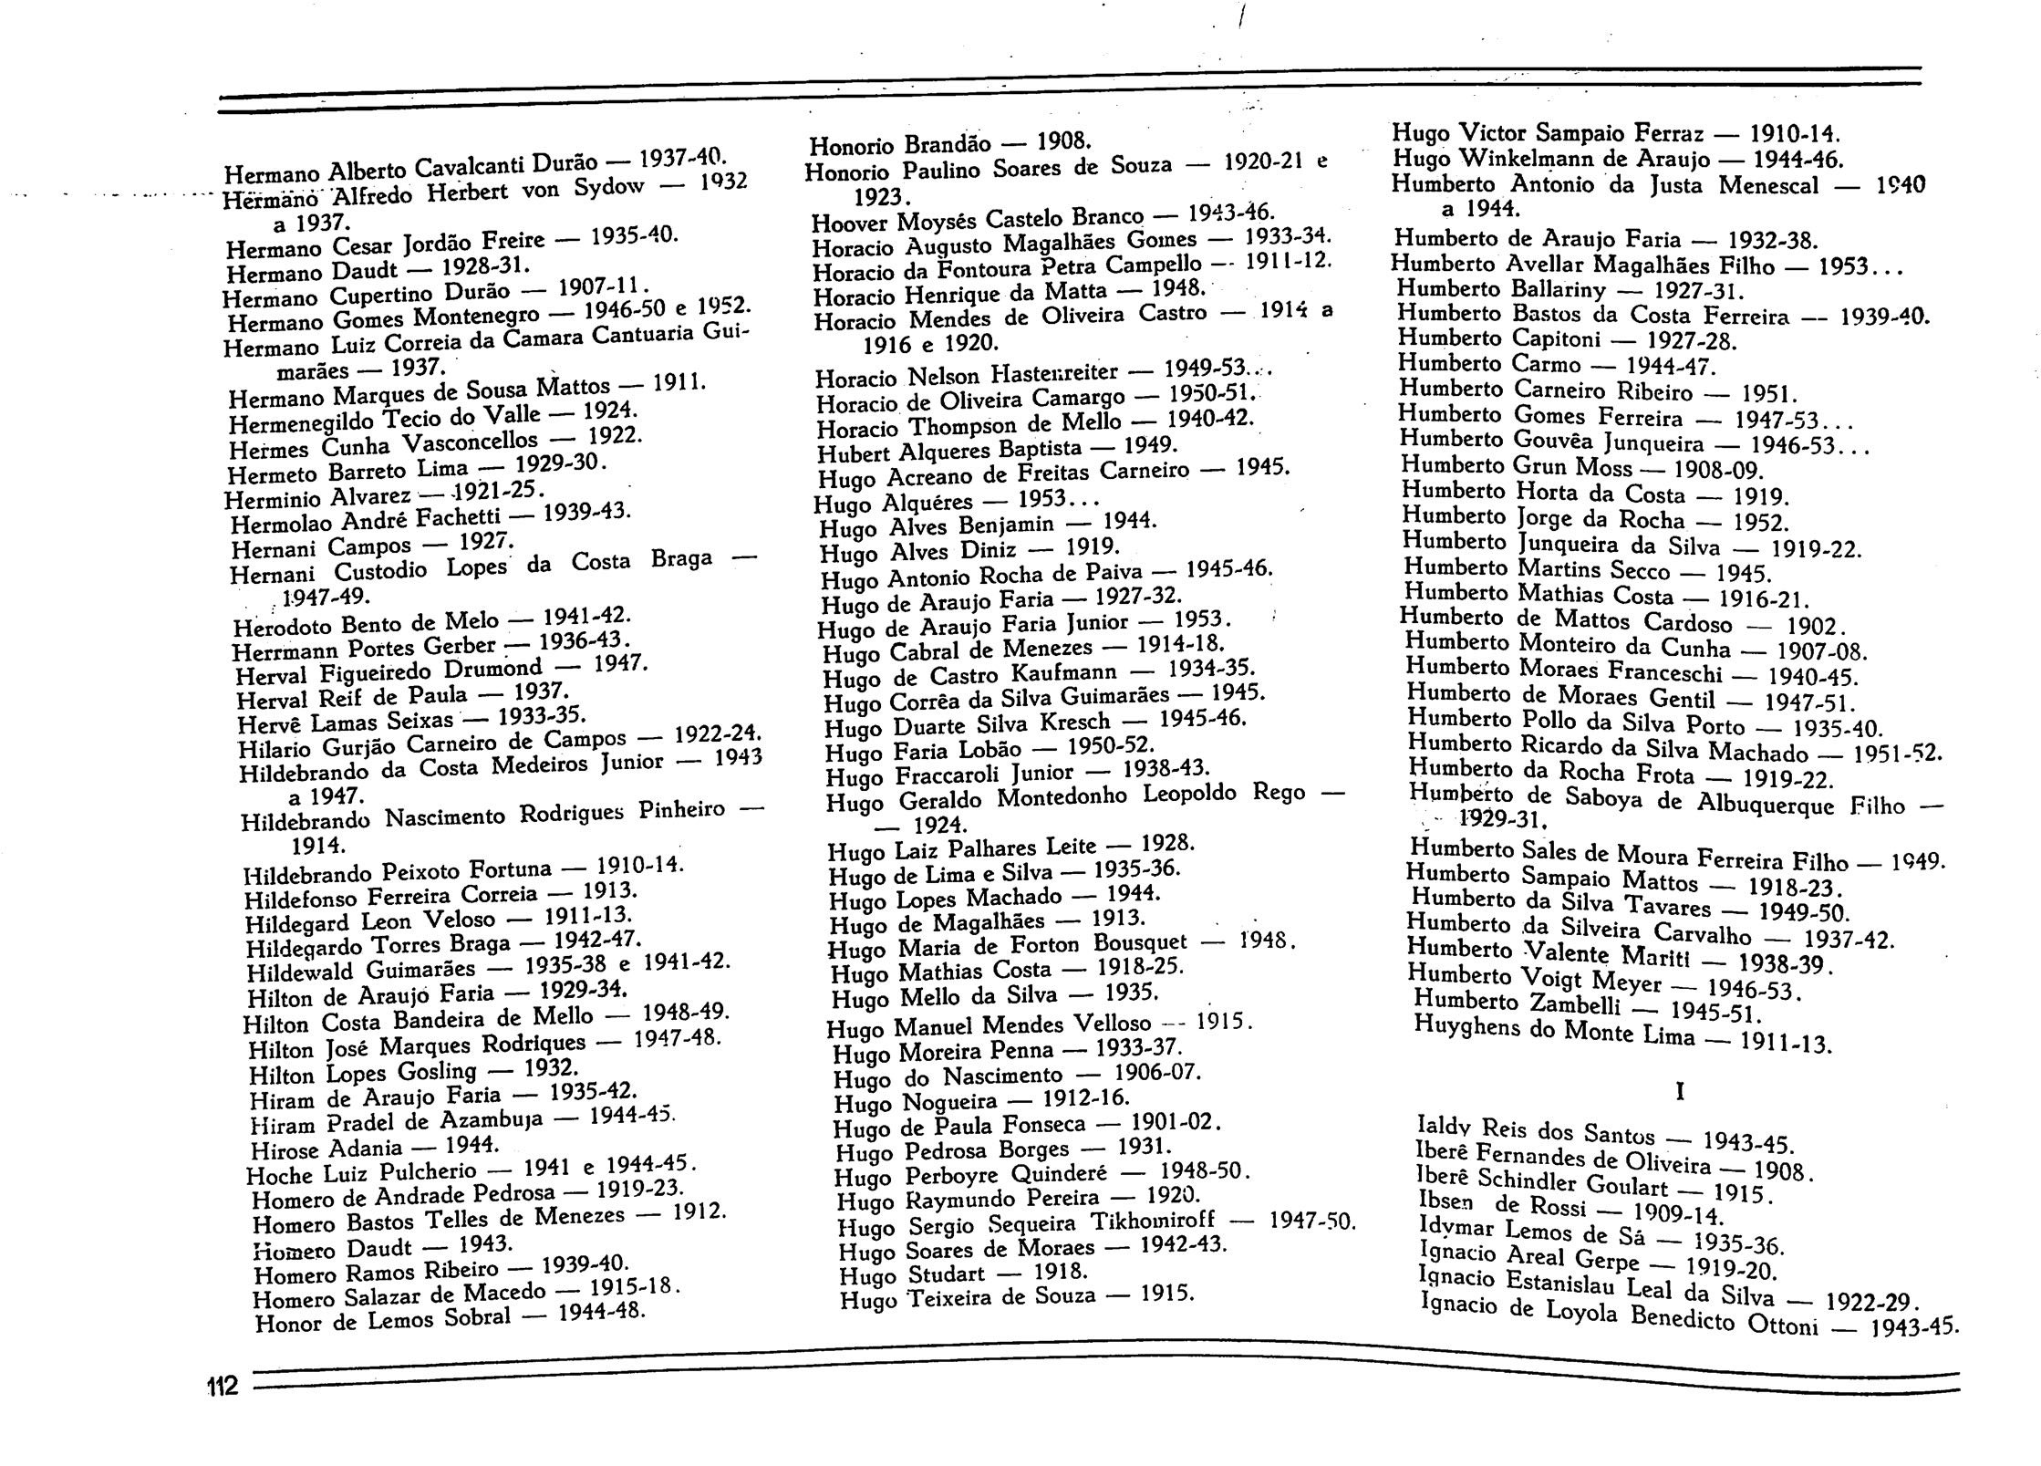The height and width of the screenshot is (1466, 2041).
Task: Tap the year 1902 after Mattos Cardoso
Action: click(1813, 628)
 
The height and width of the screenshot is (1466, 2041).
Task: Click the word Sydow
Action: click(609, 188)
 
